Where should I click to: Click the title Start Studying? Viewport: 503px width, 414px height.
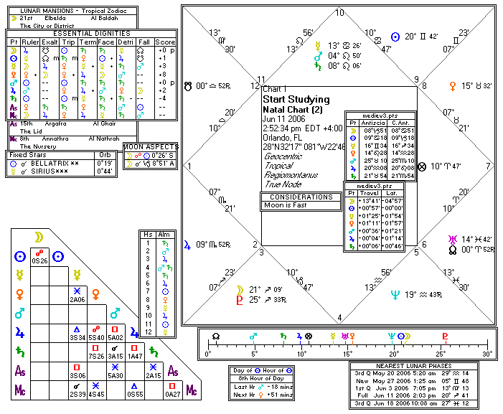click(296, 99)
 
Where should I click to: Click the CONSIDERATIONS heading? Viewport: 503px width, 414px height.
click(301, 197)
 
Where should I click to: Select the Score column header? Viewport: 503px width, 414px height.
click(165, 42)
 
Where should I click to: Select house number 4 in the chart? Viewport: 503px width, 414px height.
click(339, 318)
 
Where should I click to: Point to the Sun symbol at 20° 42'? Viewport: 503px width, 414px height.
click(394, 35)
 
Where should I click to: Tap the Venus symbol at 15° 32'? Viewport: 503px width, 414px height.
click(453, 86)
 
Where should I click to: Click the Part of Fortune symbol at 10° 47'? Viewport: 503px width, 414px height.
click(423, 166)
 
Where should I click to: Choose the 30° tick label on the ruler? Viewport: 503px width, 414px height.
click(488, 354)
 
